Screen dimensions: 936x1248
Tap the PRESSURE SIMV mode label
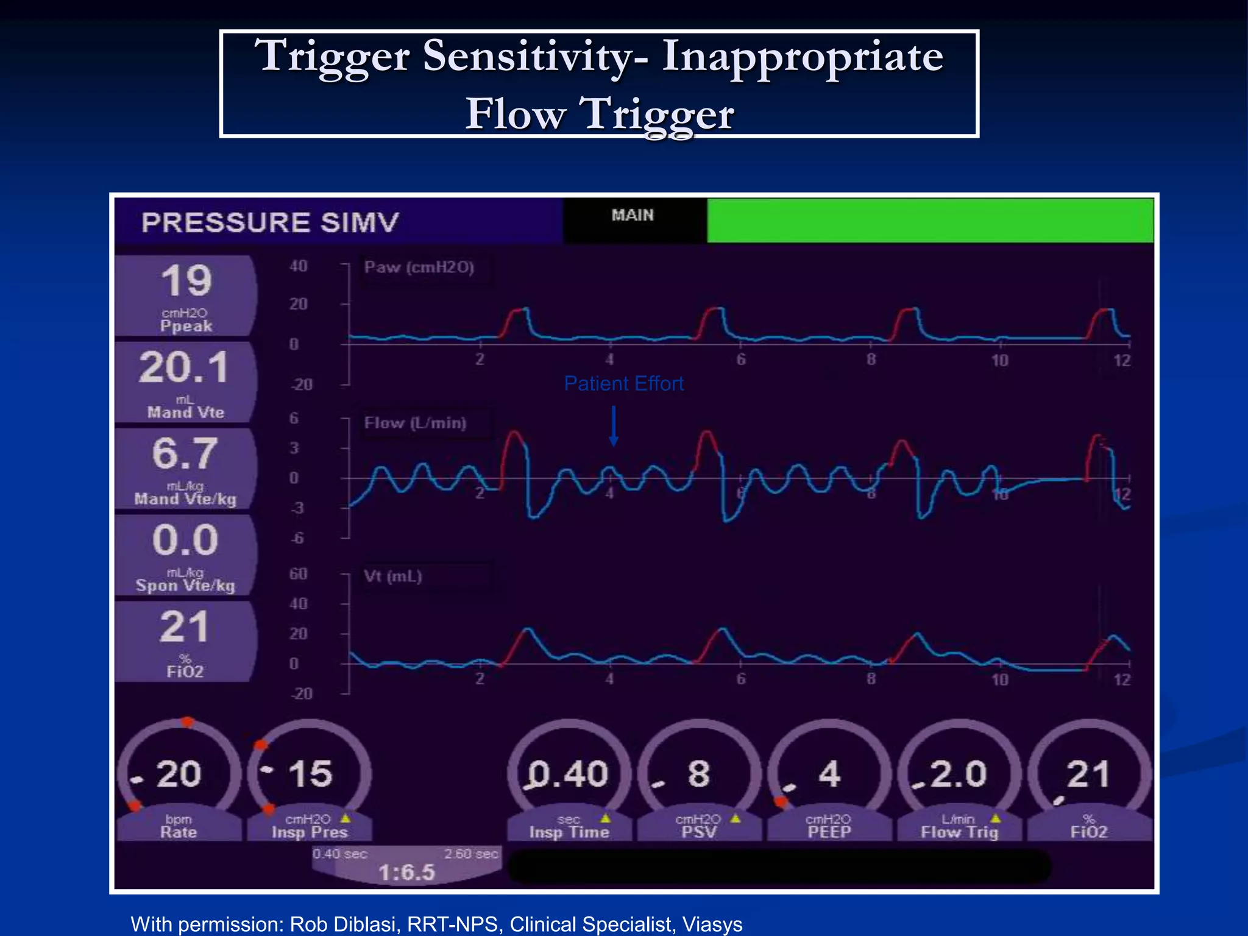[270, 222]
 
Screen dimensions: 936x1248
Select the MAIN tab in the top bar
[633, 215]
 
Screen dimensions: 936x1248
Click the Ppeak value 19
[186, 281]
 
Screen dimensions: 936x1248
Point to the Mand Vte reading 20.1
[183, 367]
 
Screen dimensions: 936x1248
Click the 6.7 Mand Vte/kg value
[185, 454]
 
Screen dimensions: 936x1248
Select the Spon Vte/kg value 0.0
[185, 541]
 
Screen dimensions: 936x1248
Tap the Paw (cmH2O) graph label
[419, 268]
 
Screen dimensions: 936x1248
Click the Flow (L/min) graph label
[415, 423]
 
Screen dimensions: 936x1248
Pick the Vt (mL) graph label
[392, 576]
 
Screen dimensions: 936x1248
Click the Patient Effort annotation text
[623, 384]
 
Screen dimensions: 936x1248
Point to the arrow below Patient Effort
[614, 427]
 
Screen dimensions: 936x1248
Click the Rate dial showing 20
[179, 775]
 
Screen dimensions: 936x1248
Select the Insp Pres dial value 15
[310, 775]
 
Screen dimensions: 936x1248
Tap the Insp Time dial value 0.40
[569, 775]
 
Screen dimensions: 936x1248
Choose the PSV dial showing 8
[699, 775]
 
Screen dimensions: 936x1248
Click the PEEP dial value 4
[829, 775]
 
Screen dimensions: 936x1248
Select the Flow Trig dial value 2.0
[959, 775]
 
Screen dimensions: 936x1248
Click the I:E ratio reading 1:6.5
[406, 873]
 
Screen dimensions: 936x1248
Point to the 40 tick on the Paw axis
[299, 266]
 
